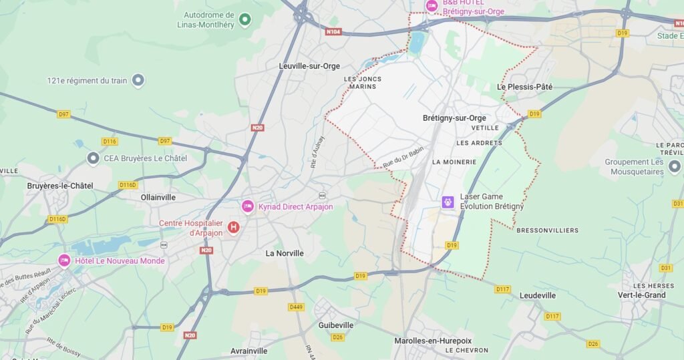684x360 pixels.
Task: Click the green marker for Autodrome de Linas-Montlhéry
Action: point(244,19)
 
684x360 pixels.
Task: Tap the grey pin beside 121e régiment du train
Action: point(138,81)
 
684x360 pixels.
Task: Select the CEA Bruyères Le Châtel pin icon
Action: point(94,158)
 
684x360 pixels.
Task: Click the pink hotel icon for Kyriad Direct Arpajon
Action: point(248,207)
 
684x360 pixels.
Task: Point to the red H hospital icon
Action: point(234,228)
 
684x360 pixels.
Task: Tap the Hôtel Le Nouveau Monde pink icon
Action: point(65,260)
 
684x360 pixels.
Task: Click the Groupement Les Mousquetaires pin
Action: point(674,166)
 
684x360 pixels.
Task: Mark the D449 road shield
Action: point(296,307)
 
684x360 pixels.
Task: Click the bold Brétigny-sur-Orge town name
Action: point(454,118)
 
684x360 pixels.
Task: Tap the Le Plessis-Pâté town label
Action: point(525,87)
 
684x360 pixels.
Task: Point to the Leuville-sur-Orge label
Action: point(309,66)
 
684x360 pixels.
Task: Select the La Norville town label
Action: point(285,253)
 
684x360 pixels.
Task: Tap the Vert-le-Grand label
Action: point(641,295)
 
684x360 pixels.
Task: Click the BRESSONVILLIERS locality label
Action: point(547,230)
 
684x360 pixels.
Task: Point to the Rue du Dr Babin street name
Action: point(403,158)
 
